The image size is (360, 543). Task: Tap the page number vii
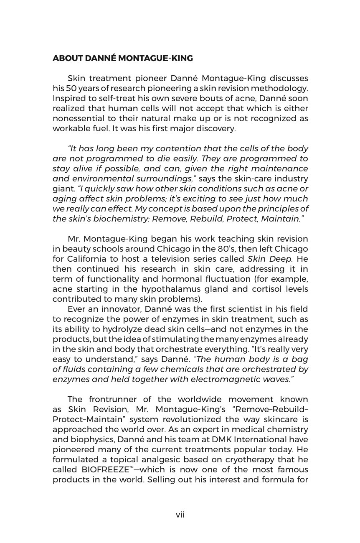click(180, 515)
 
